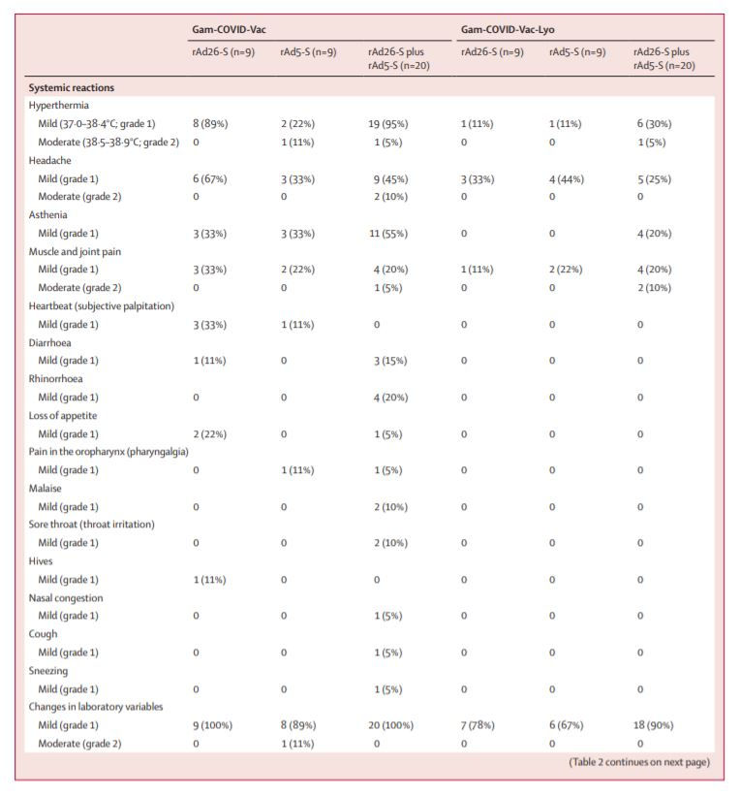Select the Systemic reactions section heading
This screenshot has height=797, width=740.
tap(72, 87)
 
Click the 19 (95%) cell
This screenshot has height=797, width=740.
tap(385, 123)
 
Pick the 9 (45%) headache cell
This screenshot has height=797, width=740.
tap(383, 178)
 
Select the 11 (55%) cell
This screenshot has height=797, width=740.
tap(385, 234)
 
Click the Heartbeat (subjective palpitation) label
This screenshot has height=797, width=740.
tap(102, 306)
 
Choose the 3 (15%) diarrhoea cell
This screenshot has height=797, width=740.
tap(383, 361)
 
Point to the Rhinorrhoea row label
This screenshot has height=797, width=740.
tap(57, 379)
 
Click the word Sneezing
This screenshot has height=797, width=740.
tap(50, 670)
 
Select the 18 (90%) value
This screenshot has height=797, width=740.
tap(655, 725)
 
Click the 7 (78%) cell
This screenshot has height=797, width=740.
tap(481, 725)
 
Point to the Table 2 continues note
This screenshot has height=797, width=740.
tap(638, 762)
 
